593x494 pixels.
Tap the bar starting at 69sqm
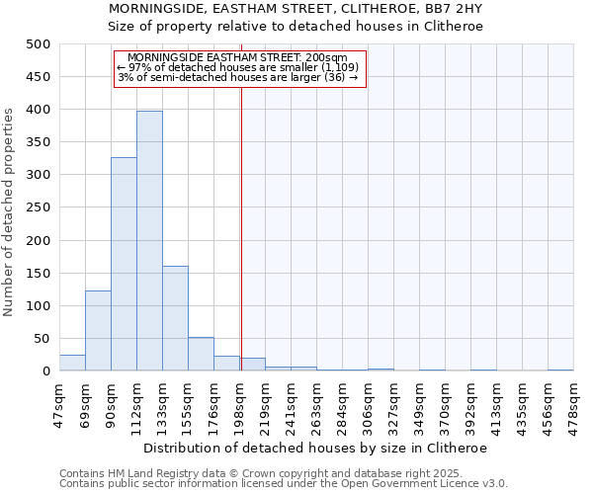[98, 331]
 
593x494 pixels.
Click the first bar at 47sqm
[72, 363]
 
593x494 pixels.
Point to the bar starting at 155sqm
[201, 354]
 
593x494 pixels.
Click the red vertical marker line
[241, 247]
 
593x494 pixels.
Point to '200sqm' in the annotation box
[326, 57]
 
